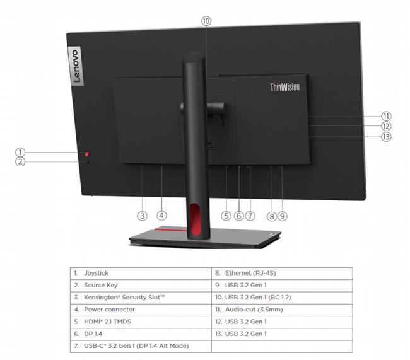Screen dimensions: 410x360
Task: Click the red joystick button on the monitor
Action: tap(87, 154)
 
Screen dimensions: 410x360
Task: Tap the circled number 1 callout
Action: tap(20, 152)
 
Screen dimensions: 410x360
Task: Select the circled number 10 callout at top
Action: tap(206, 21)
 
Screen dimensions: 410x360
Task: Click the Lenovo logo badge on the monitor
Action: tap(76, 66)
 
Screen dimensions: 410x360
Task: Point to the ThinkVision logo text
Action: tap(284, 87)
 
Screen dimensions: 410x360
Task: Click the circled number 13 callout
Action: tap(386, 137)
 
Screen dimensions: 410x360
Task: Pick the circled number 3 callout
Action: tap(143, 216)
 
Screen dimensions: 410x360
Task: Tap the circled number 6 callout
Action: tap(238, 216)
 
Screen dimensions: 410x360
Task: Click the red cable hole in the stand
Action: tap(195, 219)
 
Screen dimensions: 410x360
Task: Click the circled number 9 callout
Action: tap(283, 216)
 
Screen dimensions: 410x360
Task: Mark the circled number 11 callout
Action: tap(386, 116)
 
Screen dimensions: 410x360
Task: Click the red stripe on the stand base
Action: tap(170, 229)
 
